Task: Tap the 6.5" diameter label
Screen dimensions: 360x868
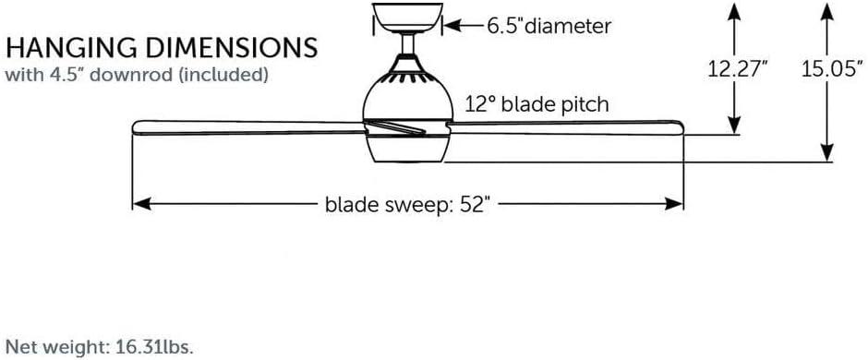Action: (549, 26)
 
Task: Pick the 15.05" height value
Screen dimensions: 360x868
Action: (830, 70)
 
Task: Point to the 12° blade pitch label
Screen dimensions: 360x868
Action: (536, 103)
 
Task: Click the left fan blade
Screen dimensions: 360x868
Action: (249, 126)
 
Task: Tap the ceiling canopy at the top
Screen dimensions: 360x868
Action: (405, 17)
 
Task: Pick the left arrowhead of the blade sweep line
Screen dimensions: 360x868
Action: (139, 204)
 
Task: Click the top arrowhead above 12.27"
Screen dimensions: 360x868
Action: (734, 9)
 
